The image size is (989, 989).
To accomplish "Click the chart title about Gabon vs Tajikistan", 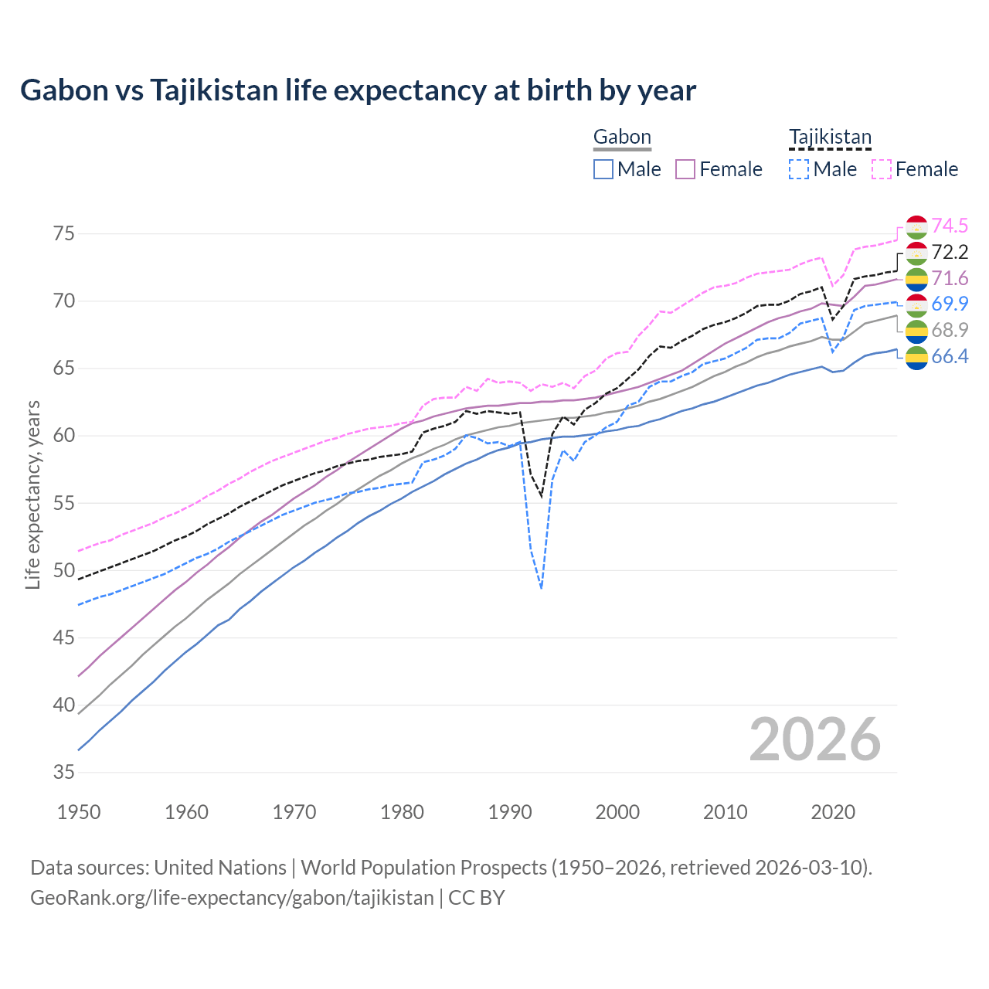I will point(358,90).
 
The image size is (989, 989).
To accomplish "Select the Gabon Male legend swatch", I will point(603,169).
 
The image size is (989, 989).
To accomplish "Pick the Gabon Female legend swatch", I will point(685,169).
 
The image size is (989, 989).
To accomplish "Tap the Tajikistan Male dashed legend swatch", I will point(799,169).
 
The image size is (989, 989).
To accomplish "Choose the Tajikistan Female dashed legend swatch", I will point(882,169).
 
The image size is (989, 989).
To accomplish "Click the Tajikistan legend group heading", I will point(830,138).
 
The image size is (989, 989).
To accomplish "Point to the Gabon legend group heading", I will point(622,138).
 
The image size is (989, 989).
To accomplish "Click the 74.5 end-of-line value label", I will point(950,226).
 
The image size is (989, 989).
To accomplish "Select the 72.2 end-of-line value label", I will point(950,252).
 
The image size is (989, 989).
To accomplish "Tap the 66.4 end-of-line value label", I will point(950,356).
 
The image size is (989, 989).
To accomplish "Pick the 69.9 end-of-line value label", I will point(950,304).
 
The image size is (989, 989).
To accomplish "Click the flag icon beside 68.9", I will point(916,331).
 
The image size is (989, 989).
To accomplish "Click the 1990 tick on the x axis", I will point(510,812).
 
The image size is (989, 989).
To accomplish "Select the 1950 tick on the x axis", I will point(80,812).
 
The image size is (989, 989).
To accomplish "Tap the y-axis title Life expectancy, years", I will point(32,494).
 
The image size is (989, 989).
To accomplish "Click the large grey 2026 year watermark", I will point(814,739).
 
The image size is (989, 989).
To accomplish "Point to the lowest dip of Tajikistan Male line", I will point(542,588).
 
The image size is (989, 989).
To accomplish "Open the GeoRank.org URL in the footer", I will point(232,898).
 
